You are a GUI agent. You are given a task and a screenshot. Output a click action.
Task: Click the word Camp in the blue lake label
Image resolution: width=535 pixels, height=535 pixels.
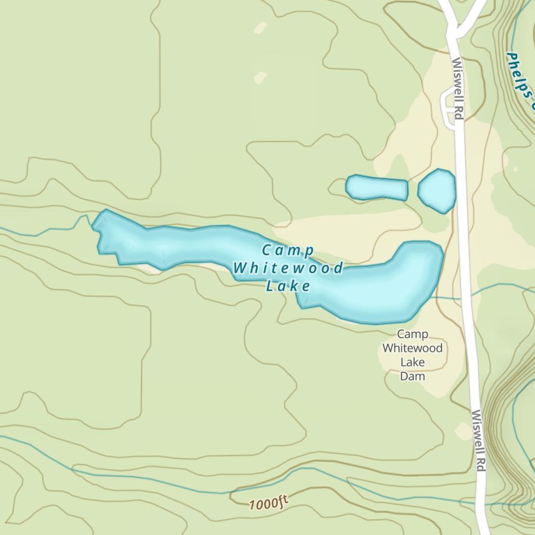(287, 250)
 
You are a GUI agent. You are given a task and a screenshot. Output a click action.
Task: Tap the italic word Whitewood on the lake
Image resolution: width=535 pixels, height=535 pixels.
(288, 268)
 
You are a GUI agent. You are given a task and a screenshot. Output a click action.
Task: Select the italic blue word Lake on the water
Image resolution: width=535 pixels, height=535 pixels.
(288, 286)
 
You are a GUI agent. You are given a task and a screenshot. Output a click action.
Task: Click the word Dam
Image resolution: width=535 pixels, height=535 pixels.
(412, 376)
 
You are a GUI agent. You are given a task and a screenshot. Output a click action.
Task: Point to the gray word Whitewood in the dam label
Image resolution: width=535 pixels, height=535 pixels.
(412, 348)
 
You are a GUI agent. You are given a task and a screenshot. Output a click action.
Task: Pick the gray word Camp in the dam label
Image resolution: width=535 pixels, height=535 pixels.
(412, 335)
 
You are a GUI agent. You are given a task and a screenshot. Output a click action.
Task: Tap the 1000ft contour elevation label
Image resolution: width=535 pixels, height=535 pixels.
(268, 503)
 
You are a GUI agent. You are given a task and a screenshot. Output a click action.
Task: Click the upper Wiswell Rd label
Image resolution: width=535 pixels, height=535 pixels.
(457, 88)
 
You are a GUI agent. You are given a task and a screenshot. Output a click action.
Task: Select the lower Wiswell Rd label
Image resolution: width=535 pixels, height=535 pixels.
(478, 441)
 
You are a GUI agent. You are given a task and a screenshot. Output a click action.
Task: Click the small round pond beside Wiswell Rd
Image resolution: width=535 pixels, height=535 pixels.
(437, 190)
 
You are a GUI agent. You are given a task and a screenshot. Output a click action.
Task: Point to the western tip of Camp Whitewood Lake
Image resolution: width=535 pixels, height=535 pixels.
(96, 224)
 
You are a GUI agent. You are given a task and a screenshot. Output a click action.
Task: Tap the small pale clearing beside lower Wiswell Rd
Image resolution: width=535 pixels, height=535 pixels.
(462, 431)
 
